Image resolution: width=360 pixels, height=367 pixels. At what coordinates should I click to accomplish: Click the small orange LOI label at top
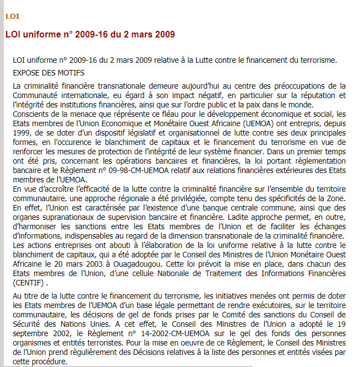[12, 16]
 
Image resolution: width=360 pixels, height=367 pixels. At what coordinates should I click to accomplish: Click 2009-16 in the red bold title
[88, 35]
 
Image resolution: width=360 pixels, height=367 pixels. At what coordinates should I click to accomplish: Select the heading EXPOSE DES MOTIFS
[48, 73]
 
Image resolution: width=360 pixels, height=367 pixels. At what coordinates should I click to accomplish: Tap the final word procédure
[48, 362]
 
